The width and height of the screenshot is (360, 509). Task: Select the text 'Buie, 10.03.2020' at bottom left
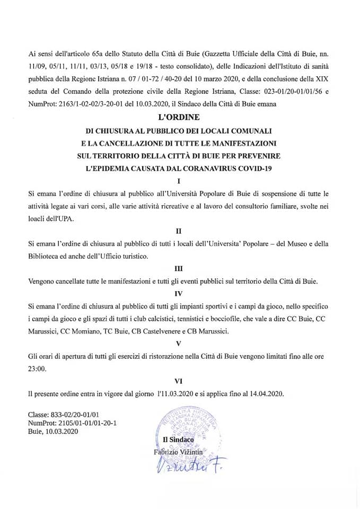(52, 432)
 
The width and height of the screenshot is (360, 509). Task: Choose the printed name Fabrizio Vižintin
(182, 452)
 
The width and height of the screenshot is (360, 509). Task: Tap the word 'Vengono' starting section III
(42, 280)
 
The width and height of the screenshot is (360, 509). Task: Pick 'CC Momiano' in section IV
(86, 331)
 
